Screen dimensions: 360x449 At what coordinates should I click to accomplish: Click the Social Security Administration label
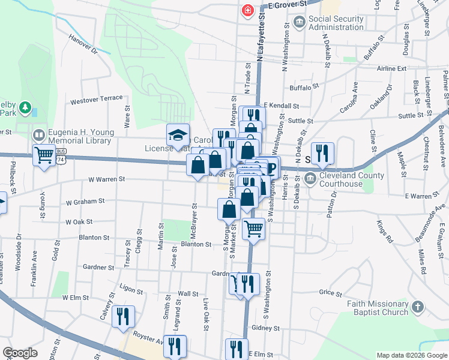tap(336, 23)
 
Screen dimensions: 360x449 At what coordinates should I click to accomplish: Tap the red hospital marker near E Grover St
tap(247, 11)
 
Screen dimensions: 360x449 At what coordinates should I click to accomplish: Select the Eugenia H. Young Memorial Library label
tap(73, 136)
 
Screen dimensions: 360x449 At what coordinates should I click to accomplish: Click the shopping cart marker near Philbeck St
tap(44, 155)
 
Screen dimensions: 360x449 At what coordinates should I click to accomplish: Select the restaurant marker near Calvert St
tap(123, 316)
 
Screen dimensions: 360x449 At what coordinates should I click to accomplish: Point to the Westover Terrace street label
tap(96, 99)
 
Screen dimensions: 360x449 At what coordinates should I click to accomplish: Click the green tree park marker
tap(25, 107)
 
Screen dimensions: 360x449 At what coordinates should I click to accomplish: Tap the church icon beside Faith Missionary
tap(418, 307)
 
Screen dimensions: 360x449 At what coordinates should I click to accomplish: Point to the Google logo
tap(20, 353)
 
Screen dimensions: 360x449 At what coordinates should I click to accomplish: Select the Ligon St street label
tap(133, 289)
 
